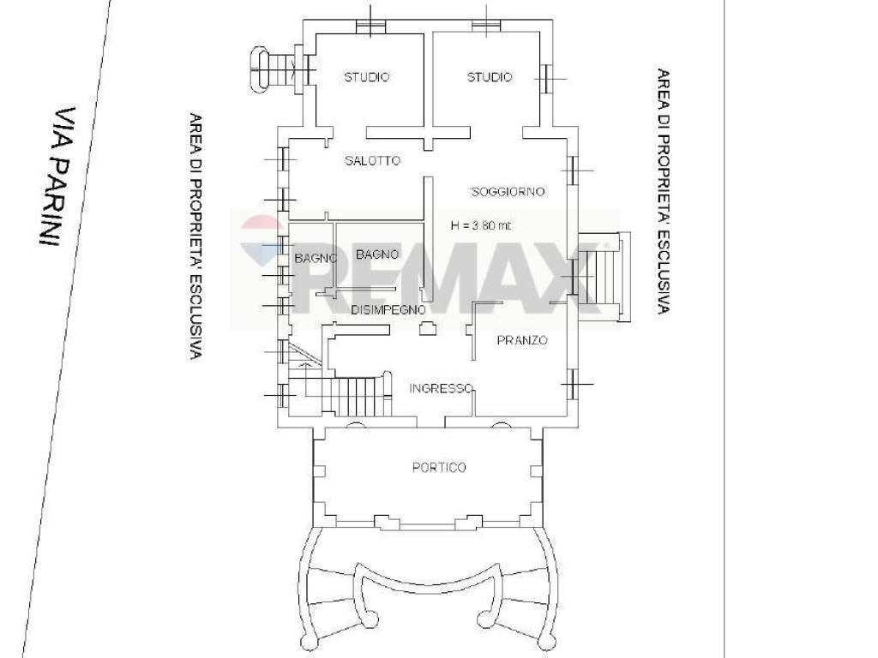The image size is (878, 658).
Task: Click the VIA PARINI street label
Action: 57,176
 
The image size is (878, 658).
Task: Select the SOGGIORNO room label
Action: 508,192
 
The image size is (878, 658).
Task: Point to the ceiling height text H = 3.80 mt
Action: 481,226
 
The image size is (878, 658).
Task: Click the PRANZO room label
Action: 522,340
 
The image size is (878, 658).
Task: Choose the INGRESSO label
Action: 442,388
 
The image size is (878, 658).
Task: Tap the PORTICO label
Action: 439,467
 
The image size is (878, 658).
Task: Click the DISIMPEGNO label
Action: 388,310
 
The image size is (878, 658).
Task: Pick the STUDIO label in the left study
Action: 367,77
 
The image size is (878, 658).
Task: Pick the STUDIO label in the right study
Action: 490,77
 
